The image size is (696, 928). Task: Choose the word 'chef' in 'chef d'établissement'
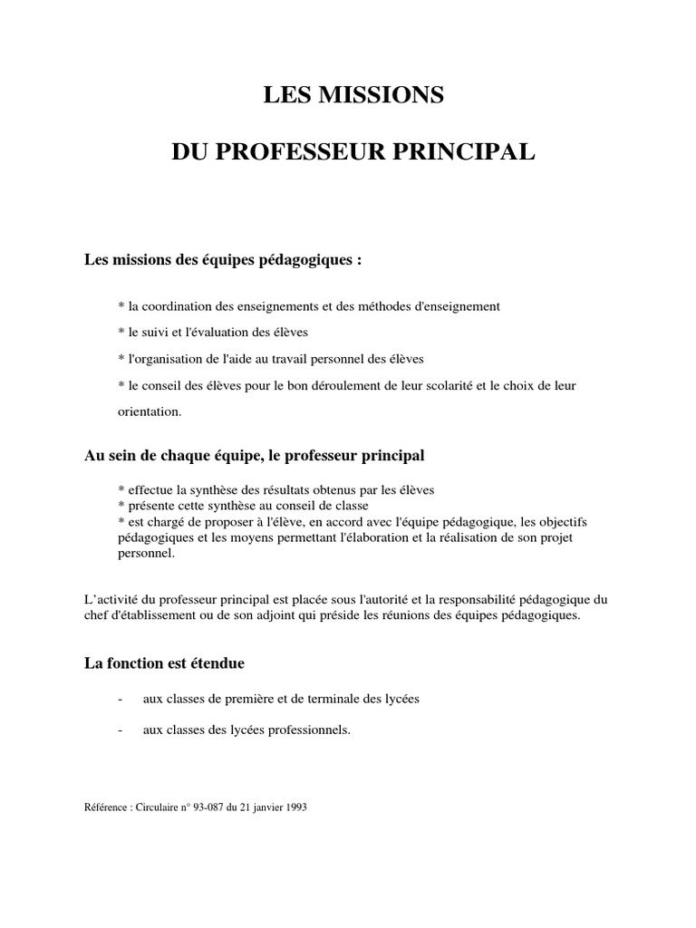click(x=95, y=615)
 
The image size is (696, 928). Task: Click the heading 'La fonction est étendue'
click(x=164, y=663)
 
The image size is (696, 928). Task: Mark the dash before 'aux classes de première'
click(x=121, y=701)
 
